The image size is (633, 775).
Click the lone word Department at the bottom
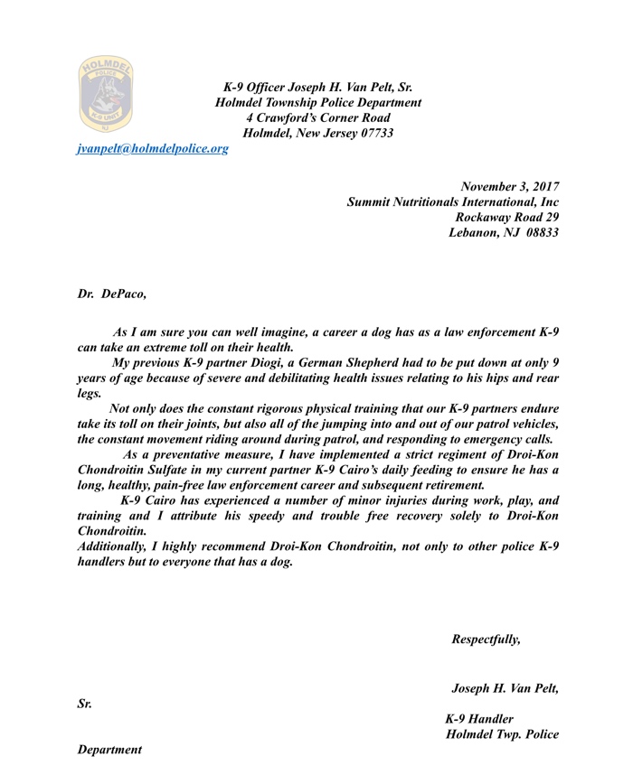click(109, 751)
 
